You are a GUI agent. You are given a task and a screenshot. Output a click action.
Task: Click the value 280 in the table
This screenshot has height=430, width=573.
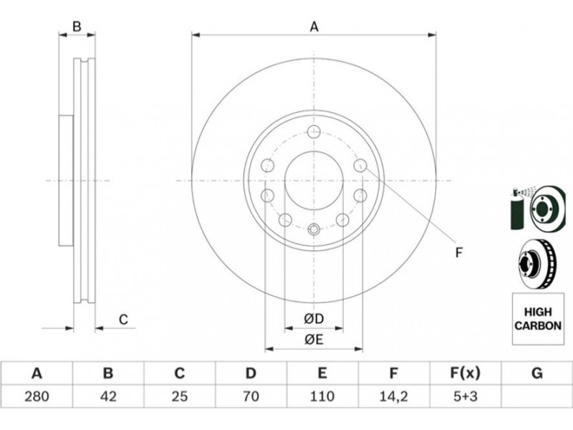(37, 396)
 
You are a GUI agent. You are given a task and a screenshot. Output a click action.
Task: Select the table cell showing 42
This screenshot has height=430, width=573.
(108, 396)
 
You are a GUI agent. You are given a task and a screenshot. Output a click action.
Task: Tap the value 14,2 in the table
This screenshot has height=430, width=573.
(393, 396)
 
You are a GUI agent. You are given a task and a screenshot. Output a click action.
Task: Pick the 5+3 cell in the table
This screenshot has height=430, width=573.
(464, 396)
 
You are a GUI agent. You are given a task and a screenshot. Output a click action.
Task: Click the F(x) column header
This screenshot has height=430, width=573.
(464, 373)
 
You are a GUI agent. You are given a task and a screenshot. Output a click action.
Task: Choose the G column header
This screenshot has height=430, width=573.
(536, 373)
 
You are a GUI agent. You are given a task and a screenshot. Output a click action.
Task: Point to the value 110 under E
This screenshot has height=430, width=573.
(322, 396)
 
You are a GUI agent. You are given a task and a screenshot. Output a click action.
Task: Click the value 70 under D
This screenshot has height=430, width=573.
(251, 396)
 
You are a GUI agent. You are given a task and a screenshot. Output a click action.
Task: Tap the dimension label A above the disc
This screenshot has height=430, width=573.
(314, 27)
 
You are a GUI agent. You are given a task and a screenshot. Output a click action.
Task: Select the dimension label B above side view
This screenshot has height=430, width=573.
(77, 27)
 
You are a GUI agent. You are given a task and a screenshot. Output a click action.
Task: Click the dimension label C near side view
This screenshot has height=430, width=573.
(123, 320)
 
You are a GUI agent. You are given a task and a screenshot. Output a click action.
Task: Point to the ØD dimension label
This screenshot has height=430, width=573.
(314, 319)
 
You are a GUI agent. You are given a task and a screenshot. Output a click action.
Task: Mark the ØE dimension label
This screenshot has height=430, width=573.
(314, 340)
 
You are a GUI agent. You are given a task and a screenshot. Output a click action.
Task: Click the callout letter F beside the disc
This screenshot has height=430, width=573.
(459, 252)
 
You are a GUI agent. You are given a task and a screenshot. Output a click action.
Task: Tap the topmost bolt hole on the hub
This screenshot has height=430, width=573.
(314, 132)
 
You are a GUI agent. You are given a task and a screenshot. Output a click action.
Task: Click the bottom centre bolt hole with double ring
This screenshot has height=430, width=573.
(314, 229)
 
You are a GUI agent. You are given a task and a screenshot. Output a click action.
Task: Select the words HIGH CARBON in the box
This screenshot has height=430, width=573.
(538, 319)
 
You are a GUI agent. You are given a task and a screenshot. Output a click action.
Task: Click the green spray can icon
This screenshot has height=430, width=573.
(517, 209)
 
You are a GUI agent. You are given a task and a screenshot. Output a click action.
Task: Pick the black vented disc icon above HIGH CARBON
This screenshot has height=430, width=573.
(536, 264)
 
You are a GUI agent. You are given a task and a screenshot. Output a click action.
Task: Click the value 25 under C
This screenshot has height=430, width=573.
(180, 396)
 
